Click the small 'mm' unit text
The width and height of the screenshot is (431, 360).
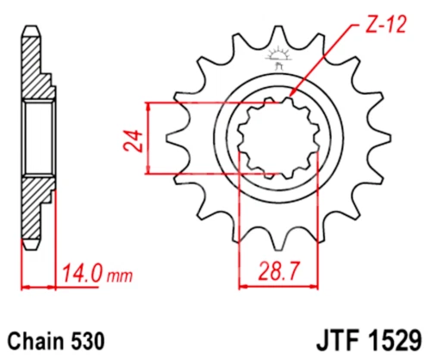pos(120,276)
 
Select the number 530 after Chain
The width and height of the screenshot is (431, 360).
pos(89,338)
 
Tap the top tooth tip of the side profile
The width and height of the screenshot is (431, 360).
pos(30,28)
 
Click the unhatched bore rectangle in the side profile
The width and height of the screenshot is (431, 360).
pos(39,138)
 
